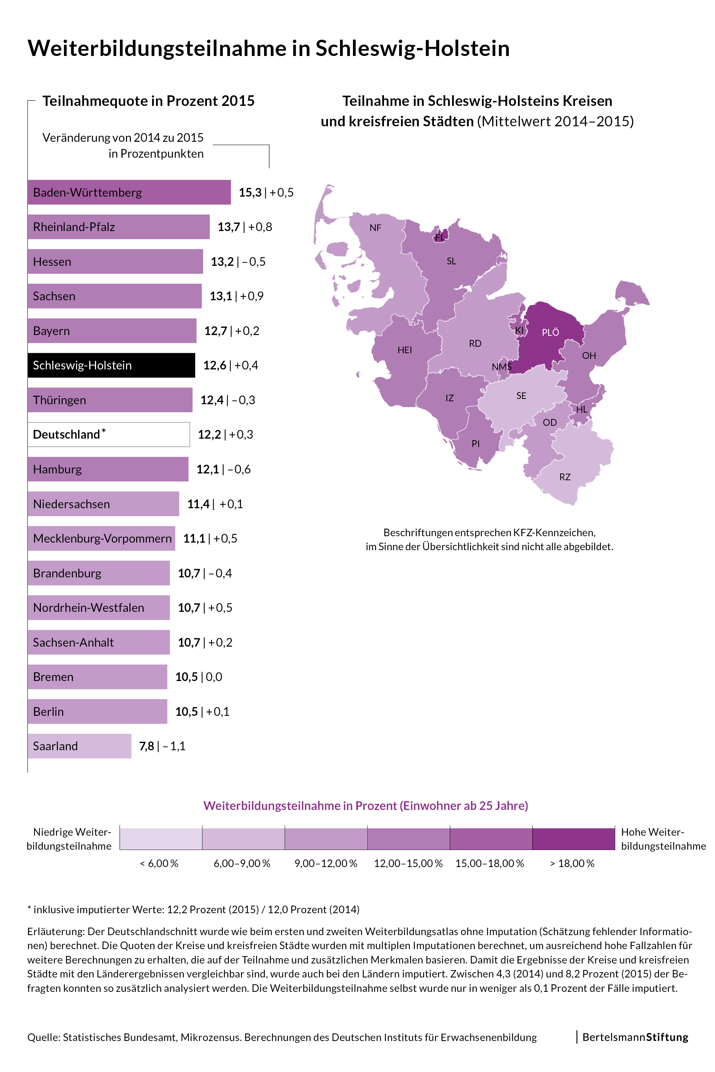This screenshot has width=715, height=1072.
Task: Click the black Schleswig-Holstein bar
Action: click(111, 365)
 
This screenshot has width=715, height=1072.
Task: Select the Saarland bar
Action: click(79, 746)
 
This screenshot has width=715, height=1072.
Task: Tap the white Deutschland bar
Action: click(109, 434)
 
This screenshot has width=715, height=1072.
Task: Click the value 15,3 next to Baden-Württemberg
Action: click(250, 192)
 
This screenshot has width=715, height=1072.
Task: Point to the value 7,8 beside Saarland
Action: click(146, 746)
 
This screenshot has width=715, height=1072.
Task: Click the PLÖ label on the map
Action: click(550, 333)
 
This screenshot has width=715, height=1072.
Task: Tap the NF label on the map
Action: click(375, 228)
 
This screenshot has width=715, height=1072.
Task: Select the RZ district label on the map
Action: click(564, 477)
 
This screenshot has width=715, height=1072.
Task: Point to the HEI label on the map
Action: click(404, 350)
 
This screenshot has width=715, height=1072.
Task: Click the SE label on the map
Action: click(521, 396)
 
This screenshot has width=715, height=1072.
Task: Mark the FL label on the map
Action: click(440, 237)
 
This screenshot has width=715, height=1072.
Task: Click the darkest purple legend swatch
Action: click(573, 839)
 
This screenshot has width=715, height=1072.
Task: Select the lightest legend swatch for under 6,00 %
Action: click(161, 839)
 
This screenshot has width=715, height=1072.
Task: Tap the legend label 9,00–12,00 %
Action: click(326, 863)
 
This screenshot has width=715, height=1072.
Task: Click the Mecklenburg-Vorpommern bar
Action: click(101, 538)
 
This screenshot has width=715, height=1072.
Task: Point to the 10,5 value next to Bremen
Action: click(187, 677)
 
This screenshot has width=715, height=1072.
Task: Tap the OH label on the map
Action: click(589, 355)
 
